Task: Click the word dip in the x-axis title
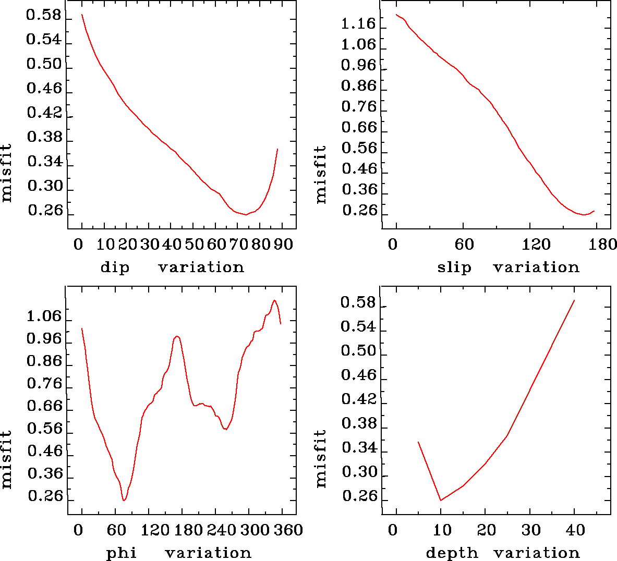point(115,268)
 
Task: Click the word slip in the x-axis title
point(454,267)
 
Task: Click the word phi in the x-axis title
point(122,553)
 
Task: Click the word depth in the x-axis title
point(452,553)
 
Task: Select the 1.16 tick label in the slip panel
point(358,23)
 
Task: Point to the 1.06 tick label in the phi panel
point(44,316)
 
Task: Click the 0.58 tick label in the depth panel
point(358,302)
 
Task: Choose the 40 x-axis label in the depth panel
point(575,530)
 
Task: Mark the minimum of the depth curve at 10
point(441,501)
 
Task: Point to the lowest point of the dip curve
point(246,215)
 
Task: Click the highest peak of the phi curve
point(274,300)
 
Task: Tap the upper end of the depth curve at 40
point(574,300)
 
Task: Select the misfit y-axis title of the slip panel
point(321,174)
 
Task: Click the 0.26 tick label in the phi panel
point(45,496)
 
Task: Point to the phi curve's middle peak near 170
point(177,336)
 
